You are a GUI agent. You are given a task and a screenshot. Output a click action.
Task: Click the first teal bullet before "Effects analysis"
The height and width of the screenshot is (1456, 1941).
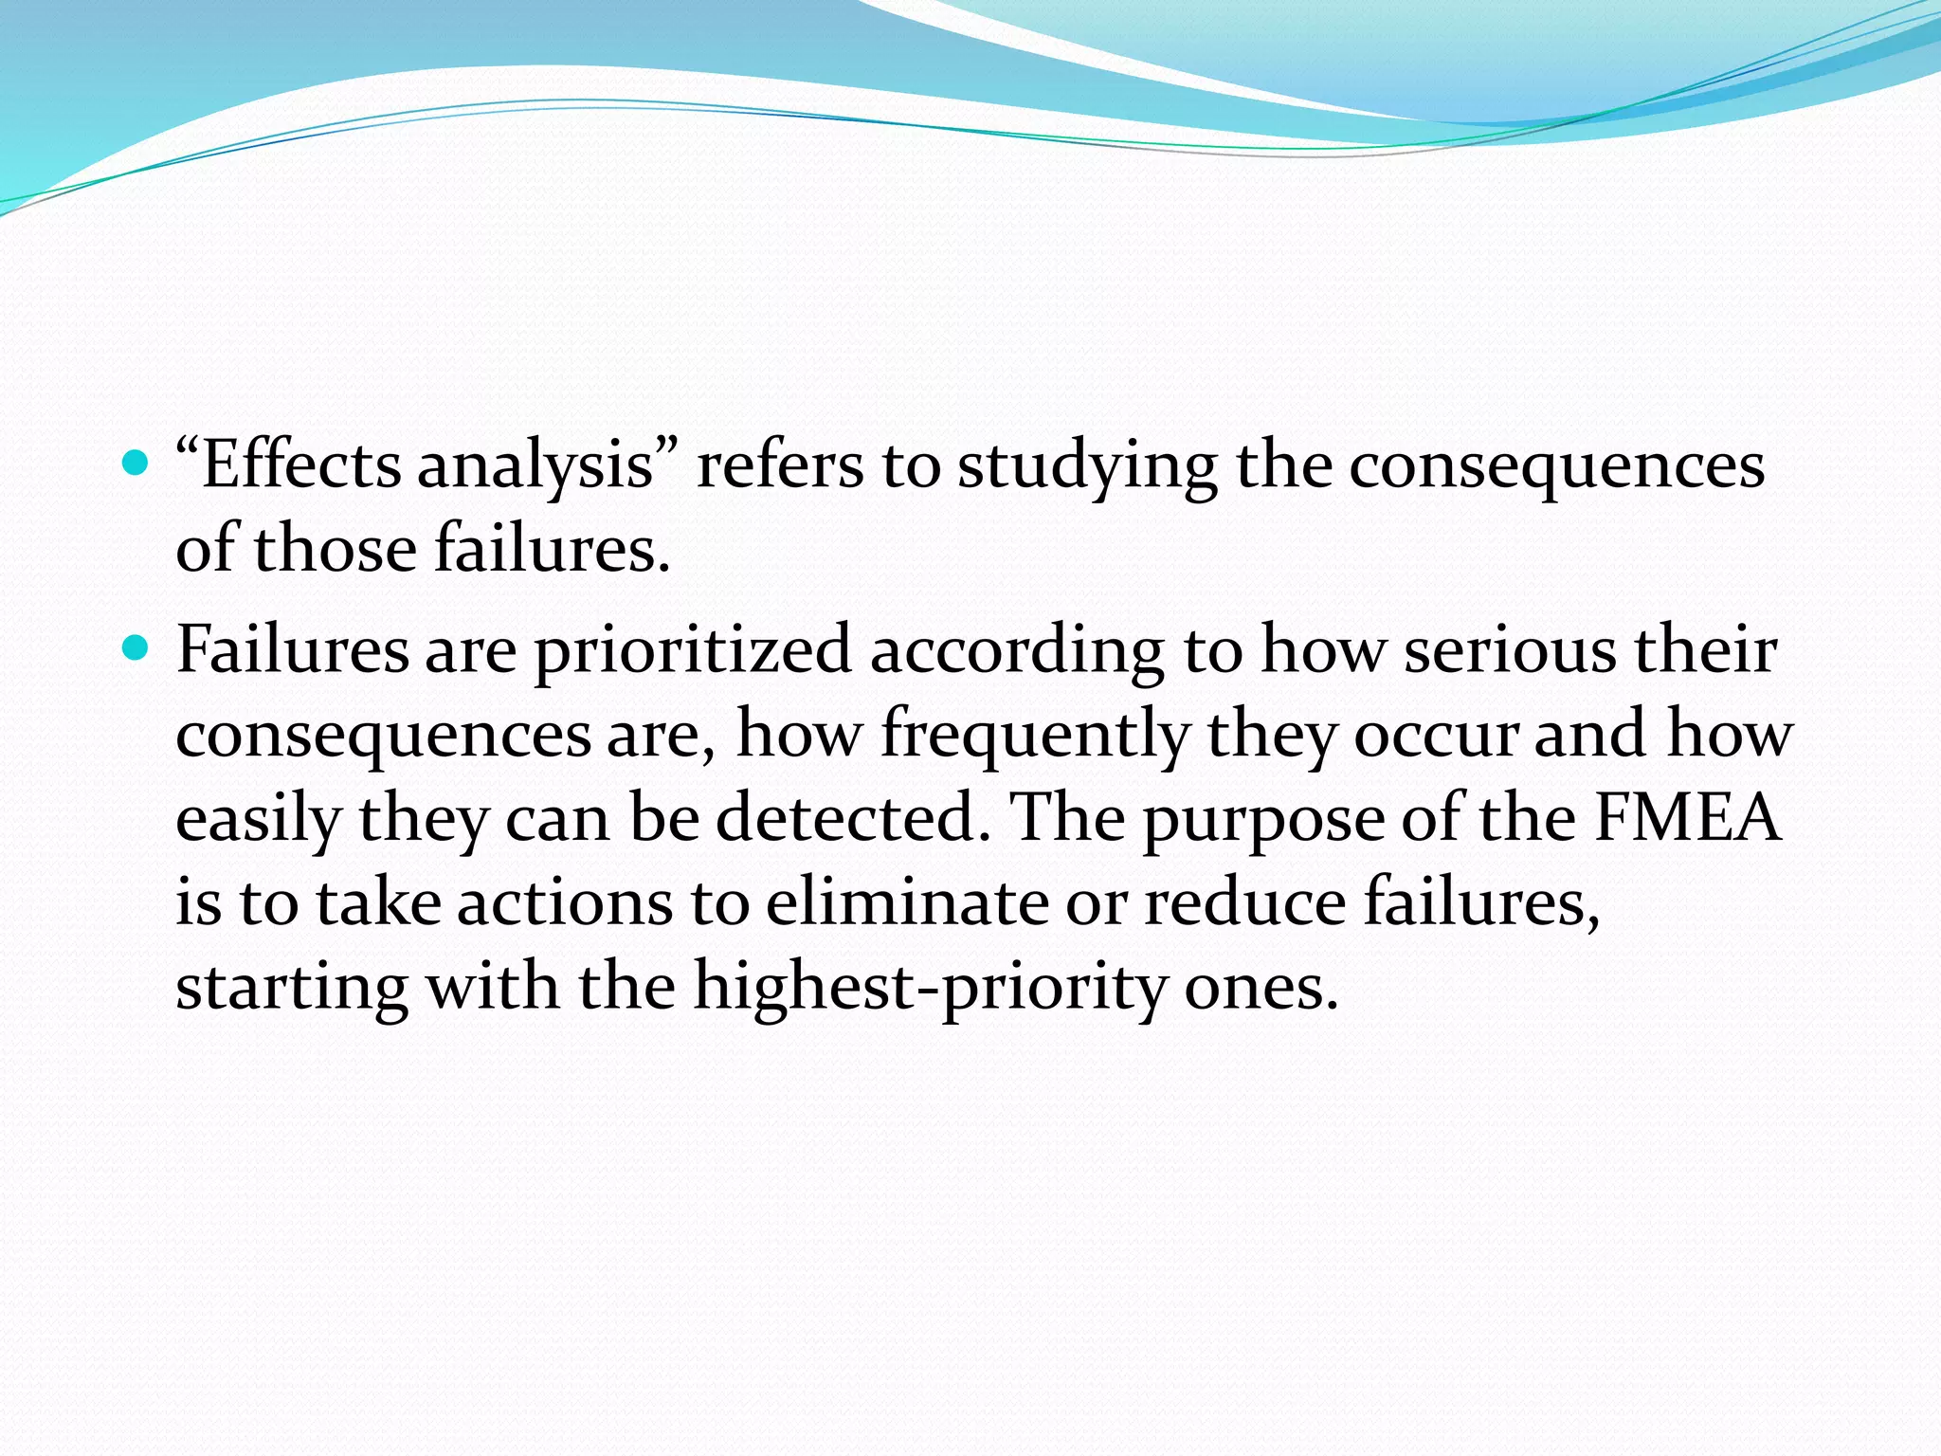(x=137, y=464)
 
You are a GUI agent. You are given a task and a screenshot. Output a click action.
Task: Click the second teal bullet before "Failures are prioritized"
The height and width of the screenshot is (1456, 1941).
(x=137, y=648)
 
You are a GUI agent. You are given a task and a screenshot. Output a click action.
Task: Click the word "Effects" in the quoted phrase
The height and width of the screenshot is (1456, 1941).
(x=300, y=466)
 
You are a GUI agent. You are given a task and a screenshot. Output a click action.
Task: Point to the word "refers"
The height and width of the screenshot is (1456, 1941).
(x=780, y=466)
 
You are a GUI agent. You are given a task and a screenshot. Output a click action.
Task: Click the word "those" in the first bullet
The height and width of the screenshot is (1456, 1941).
(x=335, y=550)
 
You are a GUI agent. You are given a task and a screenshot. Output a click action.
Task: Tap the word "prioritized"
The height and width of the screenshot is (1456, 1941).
(x=693, y=652)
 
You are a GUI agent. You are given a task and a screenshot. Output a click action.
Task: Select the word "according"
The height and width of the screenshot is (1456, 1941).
(x=1016, y=652)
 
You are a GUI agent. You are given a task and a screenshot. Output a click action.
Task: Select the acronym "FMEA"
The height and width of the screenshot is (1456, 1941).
(x=1688, y=818)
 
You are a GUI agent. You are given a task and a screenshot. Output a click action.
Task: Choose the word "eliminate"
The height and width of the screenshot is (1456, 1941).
(x=906, y=901)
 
